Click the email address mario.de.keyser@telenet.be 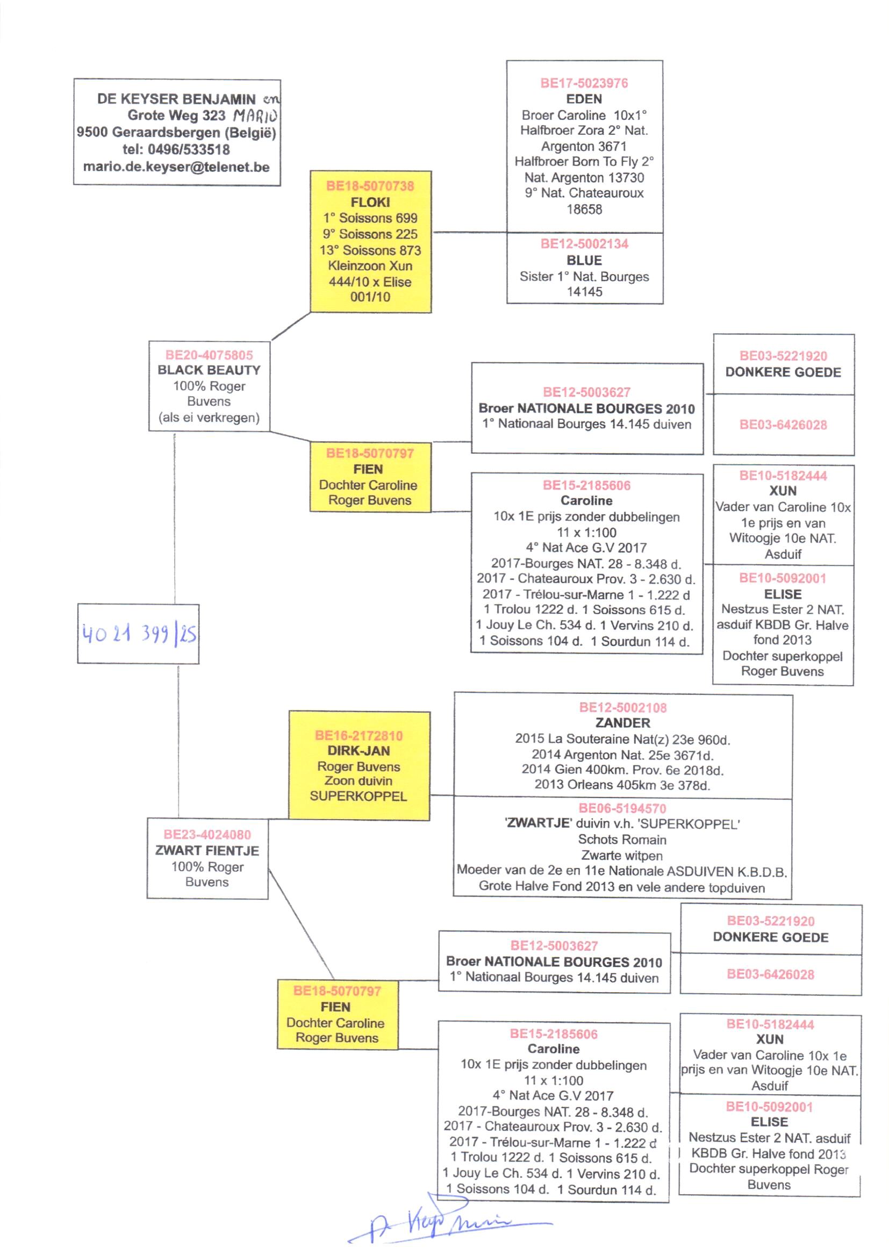[x=176, y=167]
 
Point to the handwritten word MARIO [x=255, y=116]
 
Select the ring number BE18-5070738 [x=370, y=186]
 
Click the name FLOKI [x=370, y=202]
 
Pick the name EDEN [x=584, y=99]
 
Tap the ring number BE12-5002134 [x=584, y=244]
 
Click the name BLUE [x=584, y=261]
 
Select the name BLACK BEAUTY [x=209, y=370]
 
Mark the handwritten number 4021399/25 [x=139, y=634]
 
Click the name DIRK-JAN [x=359, y=751]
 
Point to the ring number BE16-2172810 [x=359, y=736]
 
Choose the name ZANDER [x=622, y=723]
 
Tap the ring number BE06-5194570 [x=622, y=808]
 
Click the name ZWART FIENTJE [x=207, y=850]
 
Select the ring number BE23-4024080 [x=207, y=835]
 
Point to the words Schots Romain [x=622, y=839]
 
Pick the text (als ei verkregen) [x=209, y=418]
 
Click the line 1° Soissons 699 [x=370, y=218]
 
